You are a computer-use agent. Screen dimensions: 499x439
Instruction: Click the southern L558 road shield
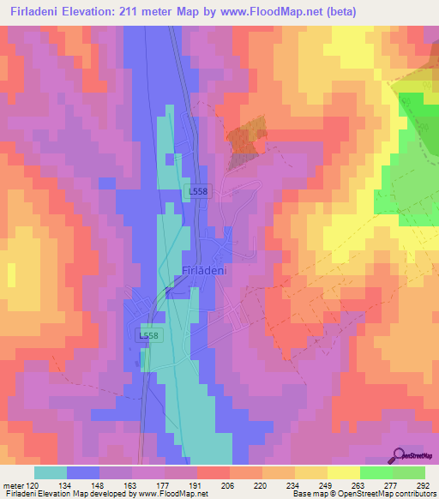(149, 337)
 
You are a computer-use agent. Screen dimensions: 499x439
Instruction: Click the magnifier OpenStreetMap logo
(400, 456)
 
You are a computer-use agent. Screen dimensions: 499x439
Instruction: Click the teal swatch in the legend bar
(50, 472)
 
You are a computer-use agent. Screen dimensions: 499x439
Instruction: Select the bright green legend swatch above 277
(376, 472)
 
